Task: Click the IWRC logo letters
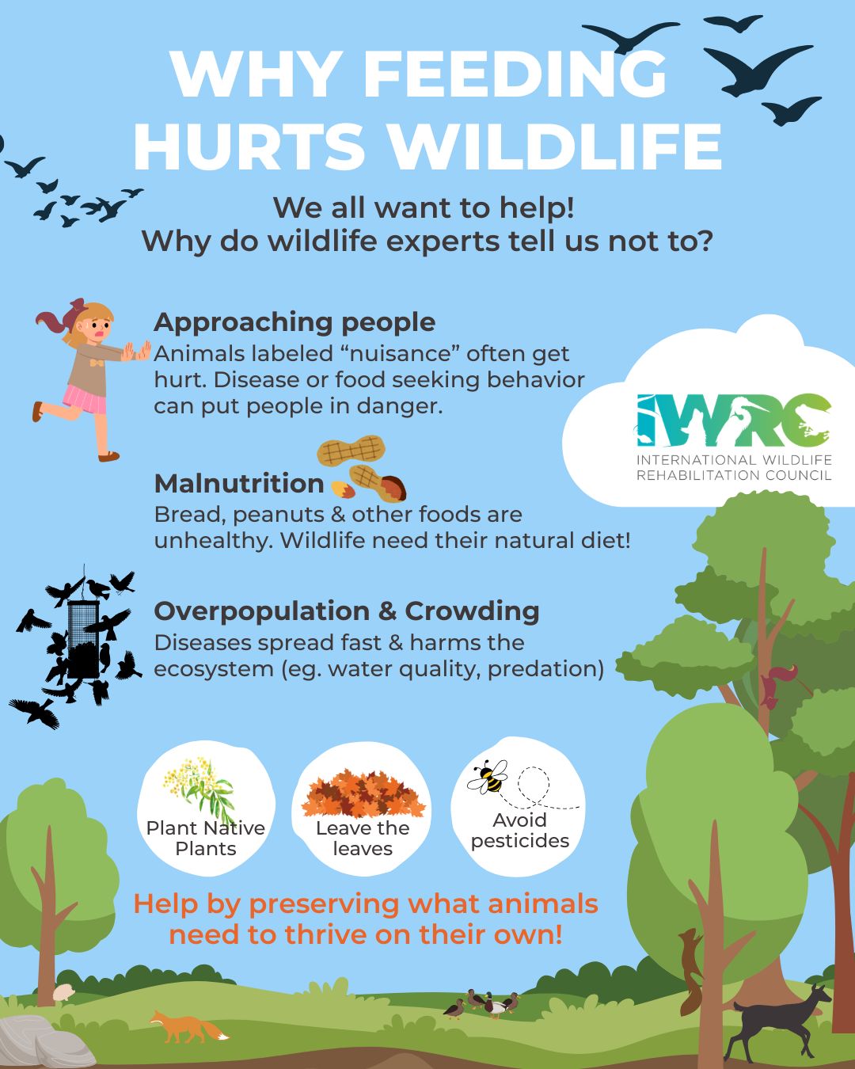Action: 734,420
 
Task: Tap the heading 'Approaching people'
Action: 294,323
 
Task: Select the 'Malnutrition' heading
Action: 239,483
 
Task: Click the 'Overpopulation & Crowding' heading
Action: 347,611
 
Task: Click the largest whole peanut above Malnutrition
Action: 351,450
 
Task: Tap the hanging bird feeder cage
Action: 83,639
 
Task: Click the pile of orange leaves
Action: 363,794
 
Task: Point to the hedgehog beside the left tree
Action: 63,993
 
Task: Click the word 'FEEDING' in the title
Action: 515,74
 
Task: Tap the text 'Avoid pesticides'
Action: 519,831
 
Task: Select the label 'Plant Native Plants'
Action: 206,839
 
